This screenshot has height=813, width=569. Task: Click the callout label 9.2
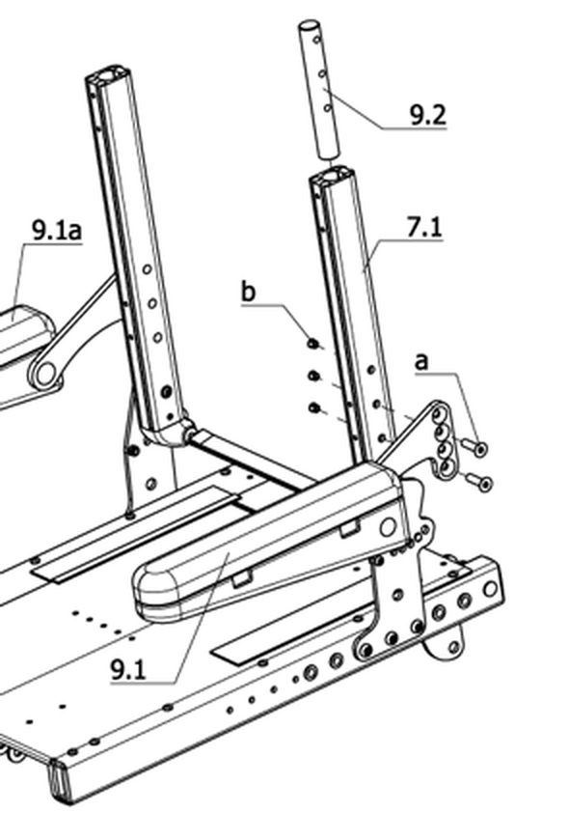(427, 115)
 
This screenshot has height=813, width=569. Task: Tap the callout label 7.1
(424, 228)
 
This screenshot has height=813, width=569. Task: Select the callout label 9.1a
(57, 230)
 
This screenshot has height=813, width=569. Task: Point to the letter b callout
(249, 292)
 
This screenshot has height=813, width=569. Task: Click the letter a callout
(422, 361)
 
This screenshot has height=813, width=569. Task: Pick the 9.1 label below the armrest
(128, 670)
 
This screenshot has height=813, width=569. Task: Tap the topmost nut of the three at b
(312, 343)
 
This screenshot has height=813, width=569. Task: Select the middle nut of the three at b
(313, 376)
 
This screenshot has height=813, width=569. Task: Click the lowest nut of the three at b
(313, 408)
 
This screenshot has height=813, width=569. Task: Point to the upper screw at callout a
(474, 446)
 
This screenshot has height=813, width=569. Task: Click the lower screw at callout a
(478, 482)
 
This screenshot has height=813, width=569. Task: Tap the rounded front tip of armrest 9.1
(148, 588)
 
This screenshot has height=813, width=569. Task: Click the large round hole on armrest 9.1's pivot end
(388, 527)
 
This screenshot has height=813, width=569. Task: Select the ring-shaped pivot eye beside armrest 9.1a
(45, 373)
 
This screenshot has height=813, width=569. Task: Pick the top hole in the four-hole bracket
(439, 415)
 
